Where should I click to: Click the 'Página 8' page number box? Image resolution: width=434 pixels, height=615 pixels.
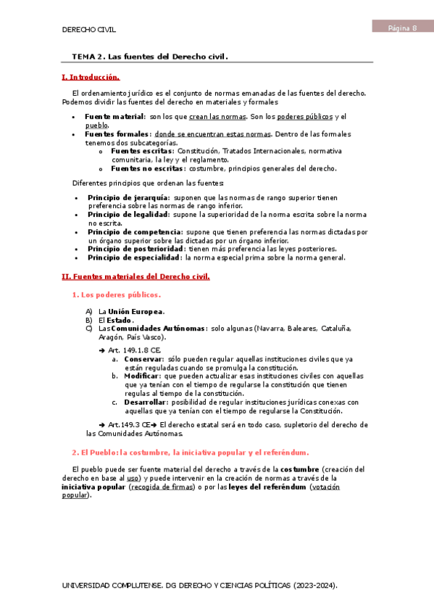tap(402, 28)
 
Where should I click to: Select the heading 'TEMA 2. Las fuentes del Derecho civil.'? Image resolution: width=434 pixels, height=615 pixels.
tap(150, 56)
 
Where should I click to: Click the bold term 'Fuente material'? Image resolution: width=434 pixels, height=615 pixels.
tap(114, 117)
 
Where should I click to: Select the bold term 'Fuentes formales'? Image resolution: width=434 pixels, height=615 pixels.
tap(117, 134)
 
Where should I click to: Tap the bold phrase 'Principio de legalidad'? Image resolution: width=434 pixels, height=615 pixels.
tap(128, 215)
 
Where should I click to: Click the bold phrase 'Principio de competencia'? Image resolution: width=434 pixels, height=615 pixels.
tap(134, 232)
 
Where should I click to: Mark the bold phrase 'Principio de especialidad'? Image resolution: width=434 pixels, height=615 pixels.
tap(134, 257)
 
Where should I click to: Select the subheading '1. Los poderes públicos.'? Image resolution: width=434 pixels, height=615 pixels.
tap(116, 294)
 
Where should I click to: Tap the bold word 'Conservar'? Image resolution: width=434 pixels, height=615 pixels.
tap(143, 359)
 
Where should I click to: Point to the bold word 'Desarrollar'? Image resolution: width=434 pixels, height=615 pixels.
tap(145, 402)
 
